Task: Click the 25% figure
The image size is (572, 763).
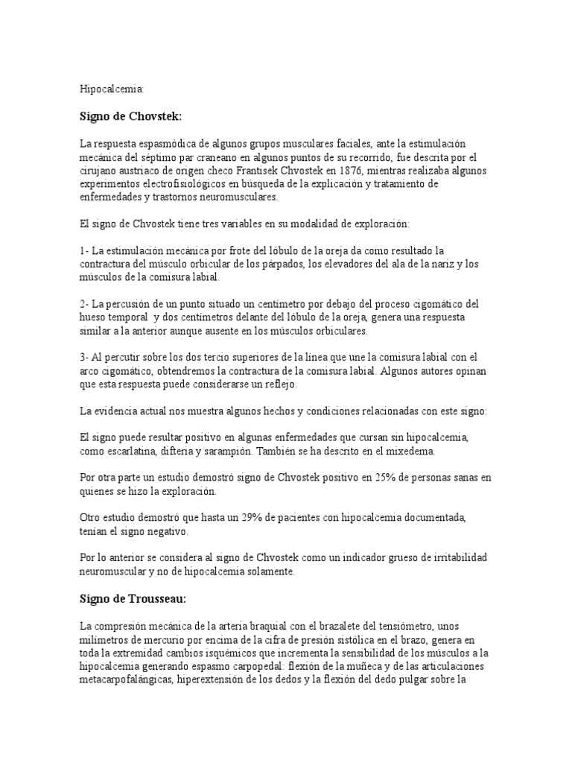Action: click(358, 478)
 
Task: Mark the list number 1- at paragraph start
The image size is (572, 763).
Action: click(83, 250)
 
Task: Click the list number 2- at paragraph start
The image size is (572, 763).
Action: click(84, 304)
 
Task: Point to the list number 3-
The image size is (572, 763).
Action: click(84, 358)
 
